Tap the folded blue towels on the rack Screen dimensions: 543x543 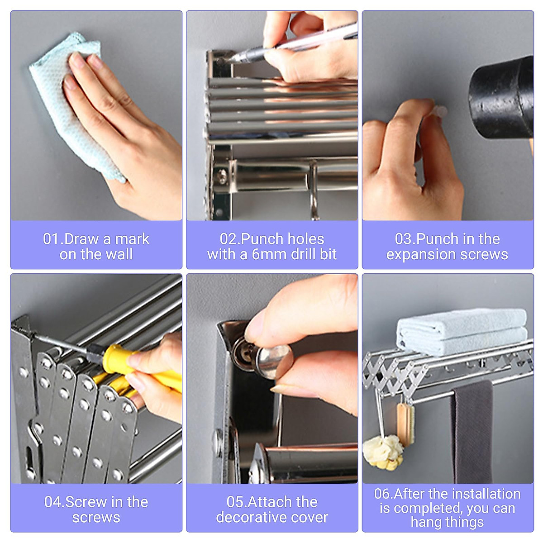(x=462, y=332)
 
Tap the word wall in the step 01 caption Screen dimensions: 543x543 (x=120, y=254)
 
